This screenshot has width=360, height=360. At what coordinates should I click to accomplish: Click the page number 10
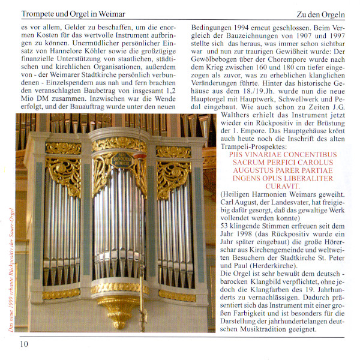tap(23, 344)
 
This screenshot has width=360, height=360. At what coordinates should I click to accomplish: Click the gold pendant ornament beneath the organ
tap(120, 312)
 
